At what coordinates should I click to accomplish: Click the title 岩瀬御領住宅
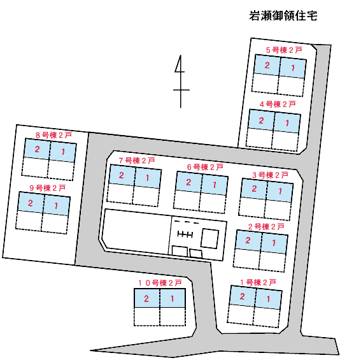click(x=283, y=16)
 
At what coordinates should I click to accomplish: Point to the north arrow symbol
click(x=181, y=82)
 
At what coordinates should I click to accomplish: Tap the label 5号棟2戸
click(x=284, y=50)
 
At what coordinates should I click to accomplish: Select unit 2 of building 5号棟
click(x=267, y=65)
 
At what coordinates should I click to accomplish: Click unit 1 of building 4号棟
click(x=287, y=123)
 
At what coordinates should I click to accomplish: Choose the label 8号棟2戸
click(x=53, y=135)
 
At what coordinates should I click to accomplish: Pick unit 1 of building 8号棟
click(x=63, y=152)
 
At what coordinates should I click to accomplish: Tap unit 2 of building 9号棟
click(x=31, y=203)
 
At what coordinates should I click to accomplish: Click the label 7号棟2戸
click(x=137, y=161)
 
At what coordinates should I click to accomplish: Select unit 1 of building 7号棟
click(x=148, y=178)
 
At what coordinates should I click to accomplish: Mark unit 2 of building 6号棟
click(x=189, y=182)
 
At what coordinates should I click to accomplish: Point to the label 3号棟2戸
click(x=271, y=175)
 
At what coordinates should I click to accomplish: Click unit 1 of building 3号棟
click(x=280, y=191)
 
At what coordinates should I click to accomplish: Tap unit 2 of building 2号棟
click(x=248, y=240)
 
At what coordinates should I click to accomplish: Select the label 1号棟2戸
click(x=258, y=282)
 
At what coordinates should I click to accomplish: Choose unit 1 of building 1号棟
click(x=269, y=299)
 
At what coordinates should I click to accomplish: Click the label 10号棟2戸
click(x=160, y=283)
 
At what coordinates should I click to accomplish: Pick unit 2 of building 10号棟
click(x=146, y=298)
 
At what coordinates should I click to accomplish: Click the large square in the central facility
click(x=209, y=238)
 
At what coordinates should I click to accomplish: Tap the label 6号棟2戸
click(x=205, y=167)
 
